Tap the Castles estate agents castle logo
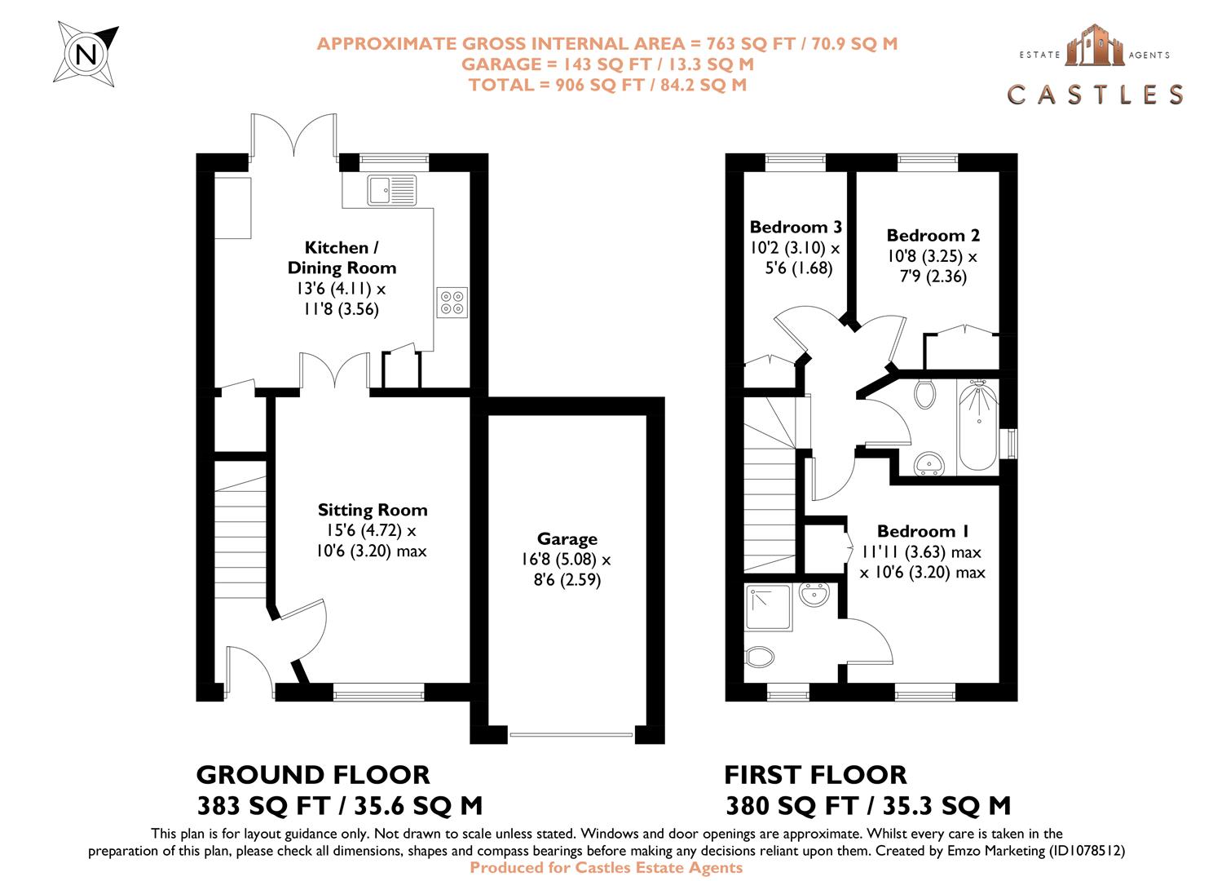1095,46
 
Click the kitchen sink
391,190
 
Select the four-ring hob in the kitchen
452,302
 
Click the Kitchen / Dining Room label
342,257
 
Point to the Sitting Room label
373,510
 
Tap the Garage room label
567,538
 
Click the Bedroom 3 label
795,227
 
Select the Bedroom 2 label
933,235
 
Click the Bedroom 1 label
923,531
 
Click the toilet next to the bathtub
924,394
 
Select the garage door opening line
571,735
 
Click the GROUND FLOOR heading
313,774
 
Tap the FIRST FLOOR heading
815,774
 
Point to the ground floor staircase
241,530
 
